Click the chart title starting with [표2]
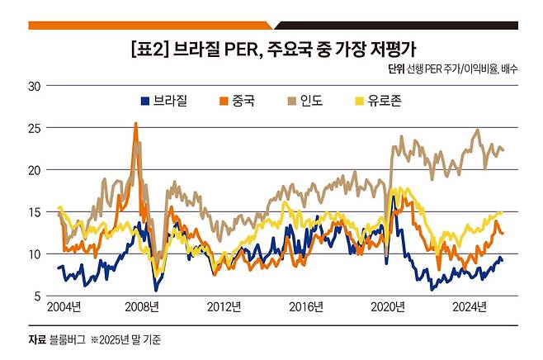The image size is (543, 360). coord(271,46)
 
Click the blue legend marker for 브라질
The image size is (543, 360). coord(145,102)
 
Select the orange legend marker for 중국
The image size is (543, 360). coord(222,102)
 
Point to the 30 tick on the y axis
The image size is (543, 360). coord(35,85)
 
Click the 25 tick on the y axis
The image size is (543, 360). coord(35,128)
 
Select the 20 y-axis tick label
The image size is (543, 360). coord(35,170)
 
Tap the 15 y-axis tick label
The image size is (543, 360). coord(35,212)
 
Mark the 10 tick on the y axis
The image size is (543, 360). coord(35,254)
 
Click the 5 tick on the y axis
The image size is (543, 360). coord(38,296)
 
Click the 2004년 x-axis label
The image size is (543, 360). coord(64,308)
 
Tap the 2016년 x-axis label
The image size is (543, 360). coord(306,308)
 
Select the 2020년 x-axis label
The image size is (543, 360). coord(388,308)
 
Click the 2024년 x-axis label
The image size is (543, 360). coord(469,308)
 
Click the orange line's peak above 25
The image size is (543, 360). coord(135,125)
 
